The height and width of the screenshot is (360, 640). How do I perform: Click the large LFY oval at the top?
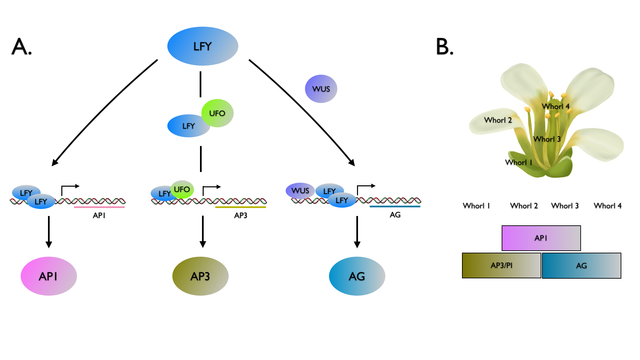point(203,46)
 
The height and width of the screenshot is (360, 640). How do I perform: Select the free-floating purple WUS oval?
point(321,89)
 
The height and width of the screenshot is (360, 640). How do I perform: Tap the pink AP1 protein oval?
point(49,276)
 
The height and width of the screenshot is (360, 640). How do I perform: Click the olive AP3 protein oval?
point(200,276)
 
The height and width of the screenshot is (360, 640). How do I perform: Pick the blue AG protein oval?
point(357,276)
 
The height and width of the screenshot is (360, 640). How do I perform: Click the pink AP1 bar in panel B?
point(541,238)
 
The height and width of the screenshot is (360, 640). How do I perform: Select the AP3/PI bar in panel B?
point(501,265)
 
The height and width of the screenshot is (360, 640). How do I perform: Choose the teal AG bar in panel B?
point(581,265)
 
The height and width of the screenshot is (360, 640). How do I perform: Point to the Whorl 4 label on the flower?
point(556,107)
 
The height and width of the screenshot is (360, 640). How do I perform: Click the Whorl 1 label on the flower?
point(519,162)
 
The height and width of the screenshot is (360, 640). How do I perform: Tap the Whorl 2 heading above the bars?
point(524,206)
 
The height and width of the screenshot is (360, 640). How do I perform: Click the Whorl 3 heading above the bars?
point(565,206)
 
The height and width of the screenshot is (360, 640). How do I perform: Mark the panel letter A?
point(21,46)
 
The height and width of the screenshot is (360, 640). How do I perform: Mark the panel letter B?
point(445,46)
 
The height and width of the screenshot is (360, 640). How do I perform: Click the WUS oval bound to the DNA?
point(300,190)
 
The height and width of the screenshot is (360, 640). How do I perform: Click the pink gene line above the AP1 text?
point(99,207)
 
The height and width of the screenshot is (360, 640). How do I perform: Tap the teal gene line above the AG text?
point(395,207)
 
